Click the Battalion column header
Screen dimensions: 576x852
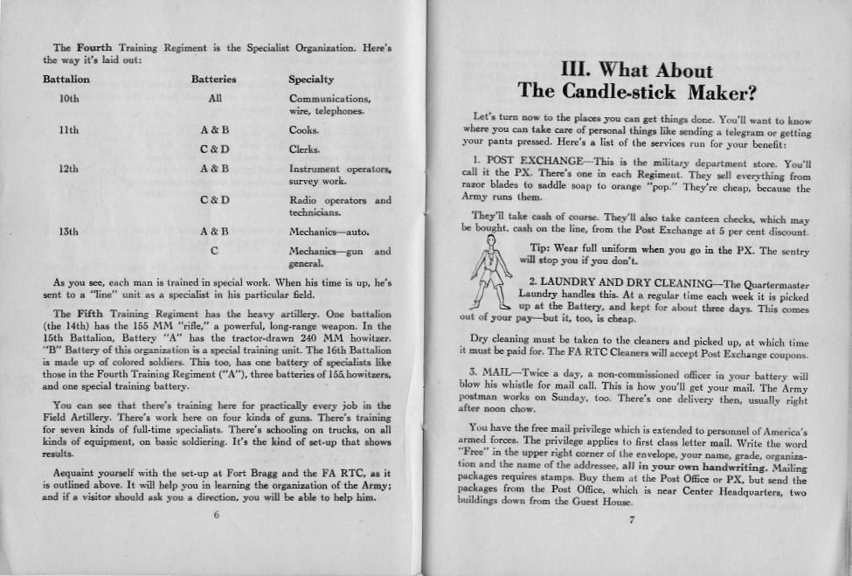coord(66,80)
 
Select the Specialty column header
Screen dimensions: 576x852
coord(311,80)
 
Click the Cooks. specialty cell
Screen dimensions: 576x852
coord(305,130)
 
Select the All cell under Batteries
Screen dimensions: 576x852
coord(214,99)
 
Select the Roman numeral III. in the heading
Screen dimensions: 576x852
coord(590,70)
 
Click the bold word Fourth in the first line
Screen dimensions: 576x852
coord(92,47)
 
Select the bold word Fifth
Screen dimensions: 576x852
coord(91,313)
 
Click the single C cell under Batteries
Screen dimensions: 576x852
coord(214,252)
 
